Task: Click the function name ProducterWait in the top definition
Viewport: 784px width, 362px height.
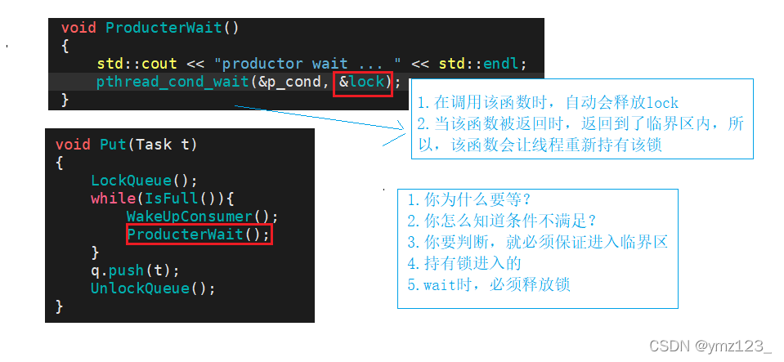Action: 164,27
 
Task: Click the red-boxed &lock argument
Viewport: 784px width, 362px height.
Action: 362,82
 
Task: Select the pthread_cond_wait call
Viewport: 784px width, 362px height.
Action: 172,82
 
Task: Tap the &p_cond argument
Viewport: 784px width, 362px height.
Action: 289,82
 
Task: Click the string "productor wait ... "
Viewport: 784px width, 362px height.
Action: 307,63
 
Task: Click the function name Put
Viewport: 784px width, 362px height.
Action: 113,145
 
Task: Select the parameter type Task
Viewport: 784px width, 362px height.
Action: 154,145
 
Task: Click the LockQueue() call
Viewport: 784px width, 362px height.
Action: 144,181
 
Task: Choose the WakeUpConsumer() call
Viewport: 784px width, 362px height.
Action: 202,217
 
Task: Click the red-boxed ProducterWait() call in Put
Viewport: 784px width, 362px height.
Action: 198,235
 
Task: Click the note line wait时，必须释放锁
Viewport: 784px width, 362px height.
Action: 488,284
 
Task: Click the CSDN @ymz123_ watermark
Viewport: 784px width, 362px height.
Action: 710,346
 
